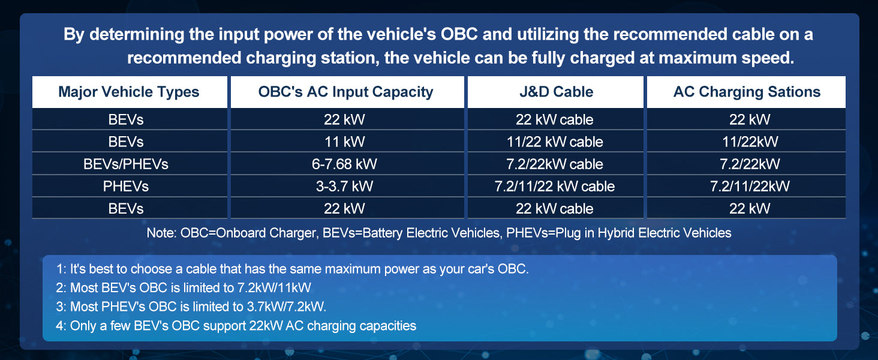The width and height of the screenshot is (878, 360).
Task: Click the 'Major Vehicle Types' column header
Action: [128, 92]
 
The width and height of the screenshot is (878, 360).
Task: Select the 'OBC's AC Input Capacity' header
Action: [345, 92]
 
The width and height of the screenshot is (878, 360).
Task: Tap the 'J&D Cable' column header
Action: [556, 92]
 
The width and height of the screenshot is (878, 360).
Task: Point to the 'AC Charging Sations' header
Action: [747, 92]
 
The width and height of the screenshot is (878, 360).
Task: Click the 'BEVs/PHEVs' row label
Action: [126, 164]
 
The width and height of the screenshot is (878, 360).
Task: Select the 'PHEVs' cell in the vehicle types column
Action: [126, 186]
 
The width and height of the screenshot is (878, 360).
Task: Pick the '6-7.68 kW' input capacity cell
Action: [344, 164]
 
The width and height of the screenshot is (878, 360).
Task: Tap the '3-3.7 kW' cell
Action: [344, 186]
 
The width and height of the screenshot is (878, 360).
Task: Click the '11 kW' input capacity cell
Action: [344, 142]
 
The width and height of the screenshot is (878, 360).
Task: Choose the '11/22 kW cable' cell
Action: [555, 142]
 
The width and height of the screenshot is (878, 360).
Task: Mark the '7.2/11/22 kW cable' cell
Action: [555, 186]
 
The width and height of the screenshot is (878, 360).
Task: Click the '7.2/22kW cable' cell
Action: [555, 164]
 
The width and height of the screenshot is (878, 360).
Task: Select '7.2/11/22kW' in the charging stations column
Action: [750, 186]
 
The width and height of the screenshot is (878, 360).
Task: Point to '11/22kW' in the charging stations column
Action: [750, 142]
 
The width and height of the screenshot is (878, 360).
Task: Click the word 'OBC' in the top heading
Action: [459, 35]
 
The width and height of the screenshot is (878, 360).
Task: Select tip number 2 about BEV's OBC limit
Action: [184, 288]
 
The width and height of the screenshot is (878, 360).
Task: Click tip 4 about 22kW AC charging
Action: [236, 326]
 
